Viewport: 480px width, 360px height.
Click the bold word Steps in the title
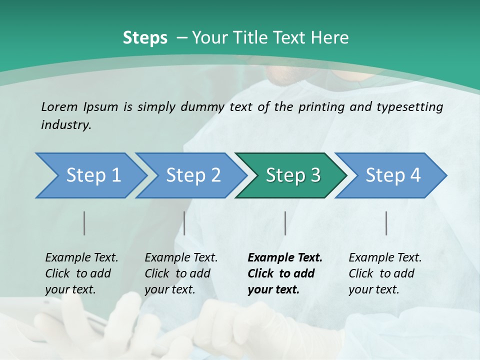(x=145, y=38)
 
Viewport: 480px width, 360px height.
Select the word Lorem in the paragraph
(x=59, y=107)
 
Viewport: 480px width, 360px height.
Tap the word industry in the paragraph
(x=66, y=125)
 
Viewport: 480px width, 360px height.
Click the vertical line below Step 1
(x=84, y=223)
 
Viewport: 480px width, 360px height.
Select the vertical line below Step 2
(x=184, y=223)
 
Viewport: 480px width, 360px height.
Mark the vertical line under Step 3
(x=285, y=223)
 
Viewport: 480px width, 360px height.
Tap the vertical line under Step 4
(x=386, y=223)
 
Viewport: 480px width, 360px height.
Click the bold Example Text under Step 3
(x=285, y=258)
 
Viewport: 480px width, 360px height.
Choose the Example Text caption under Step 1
(x=81, y=258)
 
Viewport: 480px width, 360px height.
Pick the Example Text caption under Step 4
(x=385, y=258)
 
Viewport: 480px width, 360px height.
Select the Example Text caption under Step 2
(x=181, y=258)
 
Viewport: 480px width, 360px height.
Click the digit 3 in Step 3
(x=315, y=175)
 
